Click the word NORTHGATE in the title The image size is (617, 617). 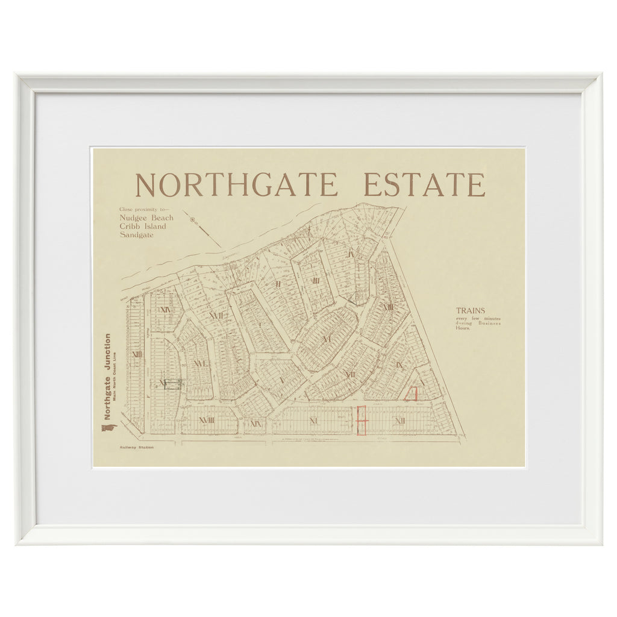[236, 185]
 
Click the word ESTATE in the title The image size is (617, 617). [424, 185]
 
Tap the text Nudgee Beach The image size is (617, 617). [146, 218]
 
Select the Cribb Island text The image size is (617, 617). [143, 227]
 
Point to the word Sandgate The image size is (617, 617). [136, 235]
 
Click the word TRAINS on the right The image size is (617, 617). [470, 311]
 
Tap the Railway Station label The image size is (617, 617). [136, 448]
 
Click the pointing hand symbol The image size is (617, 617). [109, 428]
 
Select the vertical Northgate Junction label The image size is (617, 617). [107, 377]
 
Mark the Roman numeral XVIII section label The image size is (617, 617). [207, 420]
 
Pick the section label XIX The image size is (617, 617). [255, 423]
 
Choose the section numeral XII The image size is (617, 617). [399, 421]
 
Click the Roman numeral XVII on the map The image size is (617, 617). [215, 315]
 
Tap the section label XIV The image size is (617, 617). [164, 310]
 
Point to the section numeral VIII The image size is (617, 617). [388, 307]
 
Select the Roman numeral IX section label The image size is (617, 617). [399, 365]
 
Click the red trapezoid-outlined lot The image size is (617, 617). [412, 393]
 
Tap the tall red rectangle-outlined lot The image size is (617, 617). [362, 420]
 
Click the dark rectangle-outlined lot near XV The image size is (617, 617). [173, 384]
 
